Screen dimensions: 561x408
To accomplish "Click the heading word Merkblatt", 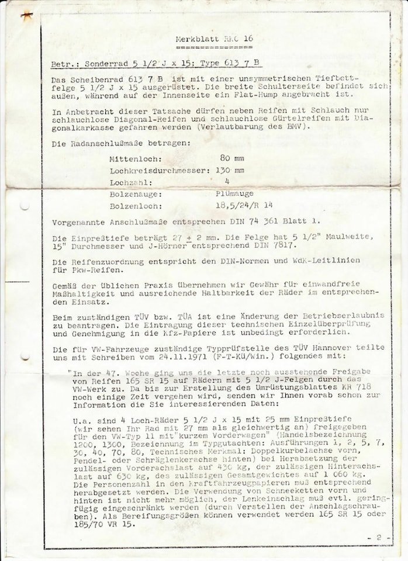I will click(194, 39).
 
